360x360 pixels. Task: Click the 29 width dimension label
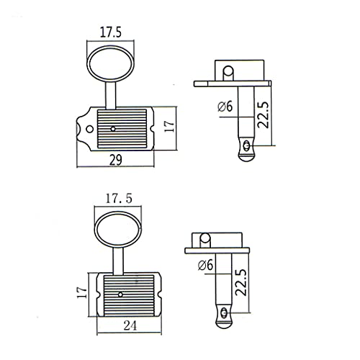tap(116, 160)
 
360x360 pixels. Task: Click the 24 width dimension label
tap(130, 325)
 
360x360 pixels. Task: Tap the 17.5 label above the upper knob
tap(111, 32)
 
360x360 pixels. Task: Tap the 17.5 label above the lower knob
tap(119, 199)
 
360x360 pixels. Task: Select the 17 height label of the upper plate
tap(170, 126)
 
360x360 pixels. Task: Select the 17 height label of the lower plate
tap(82, 292)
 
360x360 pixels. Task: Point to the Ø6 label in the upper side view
tap(225, 107)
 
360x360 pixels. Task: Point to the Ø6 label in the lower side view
tap(205, 265)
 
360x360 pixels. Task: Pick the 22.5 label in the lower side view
tap(241, 282)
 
